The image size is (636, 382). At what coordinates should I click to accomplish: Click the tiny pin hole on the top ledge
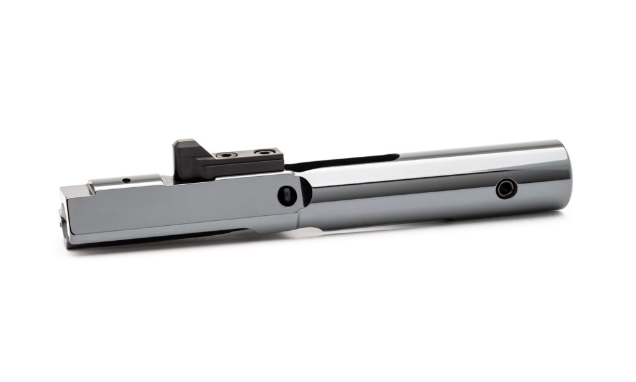[126, 180]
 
